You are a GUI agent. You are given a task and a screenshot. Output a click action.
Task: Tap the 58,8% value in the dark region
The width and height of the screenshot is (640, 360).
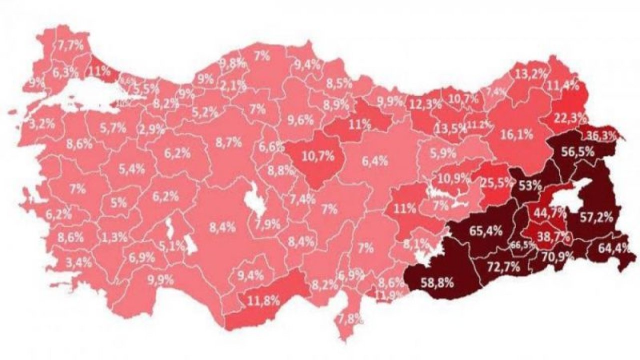tap(437, 282)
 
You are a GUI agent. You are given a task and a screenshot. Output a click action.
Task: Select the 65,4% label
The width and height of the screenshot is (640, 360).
tap(486, 231)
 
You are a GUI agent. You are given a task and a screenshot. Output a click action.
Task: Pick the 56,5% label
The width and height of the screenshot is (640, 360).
tap(577, 152)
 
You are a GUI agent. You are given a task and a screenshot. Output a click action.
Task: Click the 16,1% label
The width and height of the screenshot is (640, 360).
tap(515, 134)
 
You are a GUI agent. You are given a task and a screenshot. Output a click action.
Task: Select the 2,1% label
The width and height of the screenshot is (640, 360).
tap(233, 85)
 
